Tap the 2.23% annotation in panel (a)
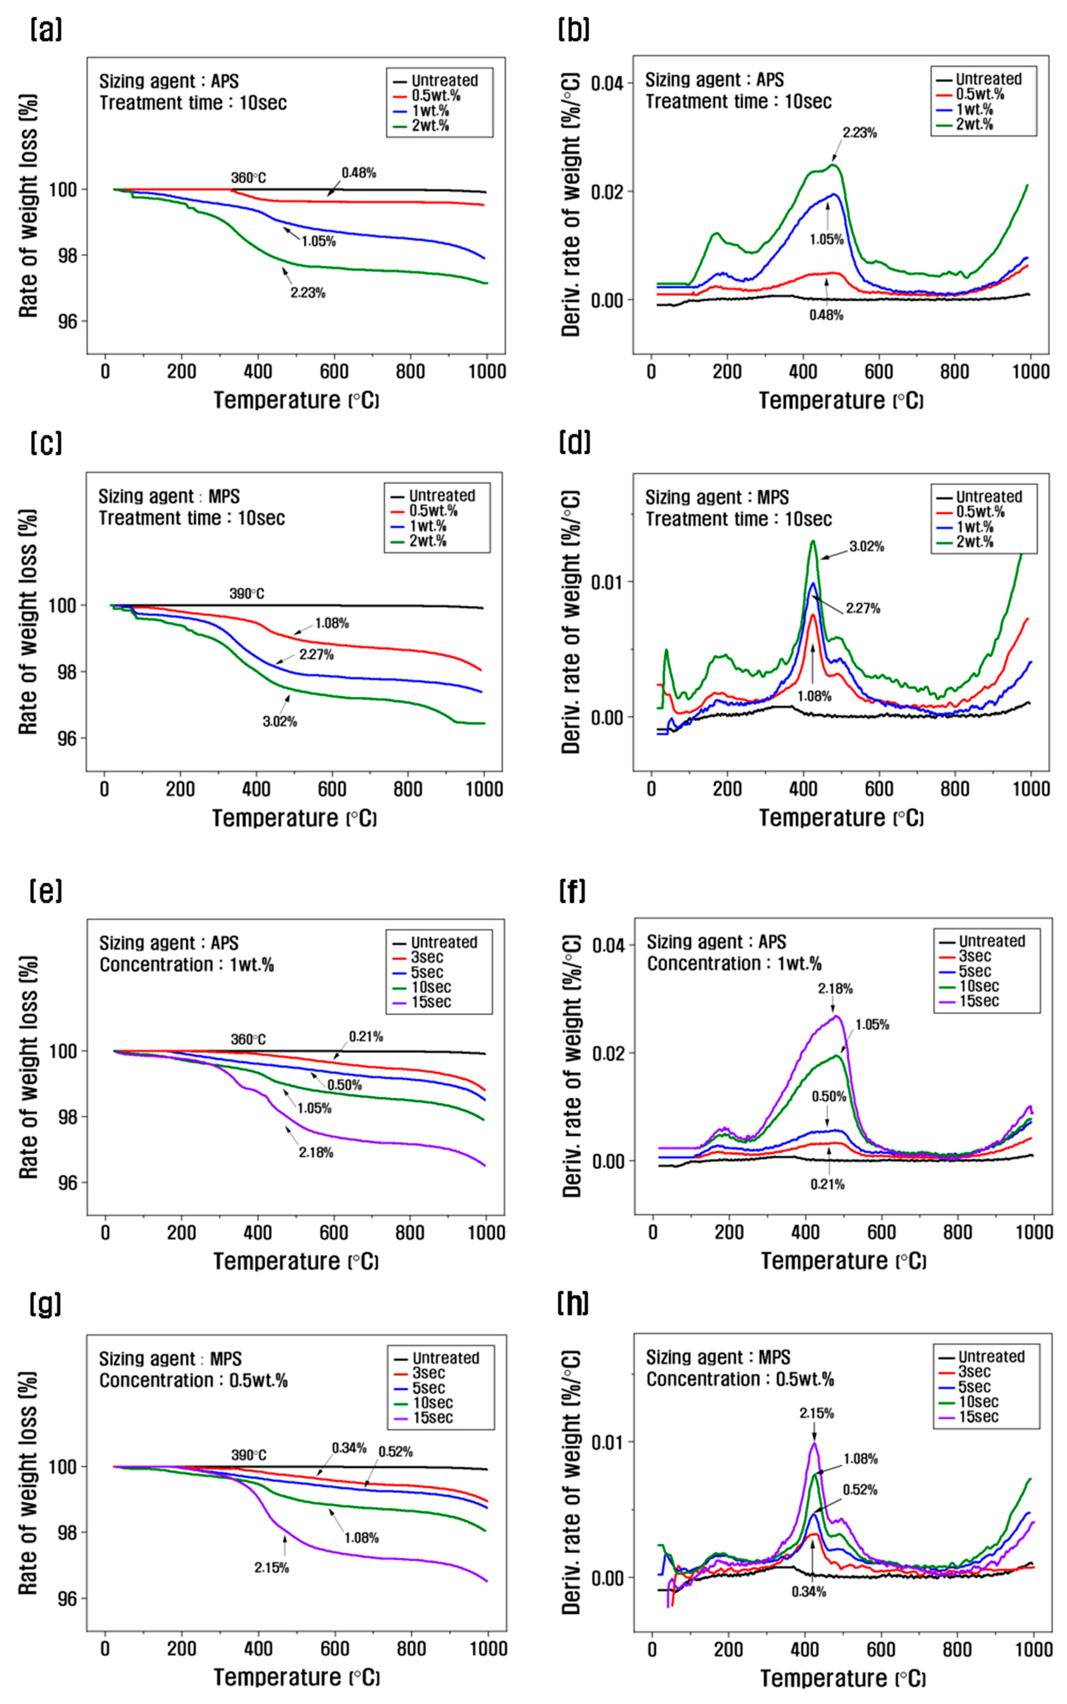(308, 292)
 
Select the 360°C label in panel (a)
(248, 178)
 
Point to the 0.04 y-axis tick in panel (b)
(607, 83)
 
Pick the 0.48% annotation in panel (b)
(826, 315)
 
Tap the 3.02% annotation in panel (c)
(279, 722)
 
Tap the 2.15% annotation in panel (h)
(816, 1413)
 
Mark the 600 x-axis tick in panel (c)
(332, 789)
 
